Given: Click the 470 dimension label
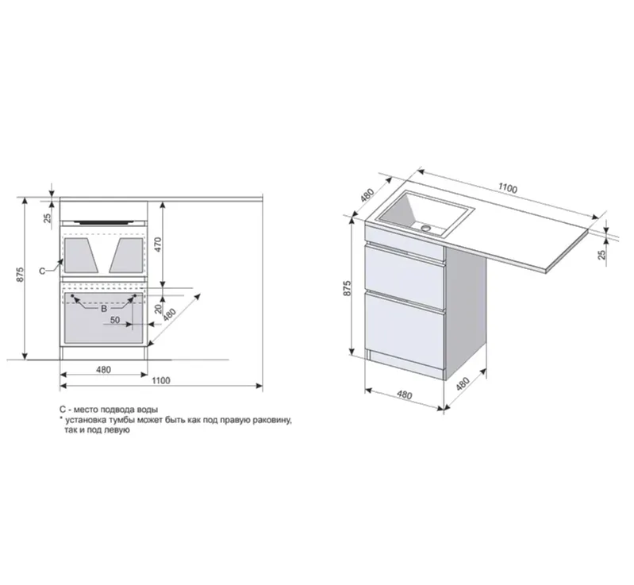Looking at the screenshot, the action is pos(158,244).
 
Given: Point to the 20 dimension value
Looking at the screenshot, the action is pos(159,309).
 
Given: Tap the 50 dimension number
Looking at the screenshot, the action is pos(115,320).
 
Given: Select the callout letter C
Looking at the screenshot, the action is pos(43,271).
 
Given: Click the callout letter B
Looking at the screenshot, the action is pos(104,309).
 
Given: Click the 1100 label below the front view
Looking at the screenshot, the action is pos(161,380).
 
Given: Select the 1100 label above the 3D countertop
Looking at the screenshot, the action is pos(508,188).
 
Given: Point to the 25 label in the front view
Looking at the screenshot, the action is pos(48,218).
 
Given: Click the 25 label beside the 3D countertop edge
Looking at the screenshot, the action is pos(602,254).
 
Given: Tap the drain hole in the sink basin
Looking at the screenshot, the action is pos(427,228).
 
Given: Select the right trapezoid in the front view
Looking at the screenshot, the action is pos(126,255).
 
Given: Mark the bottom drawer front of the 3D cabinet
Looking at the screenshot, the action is pos(405,325).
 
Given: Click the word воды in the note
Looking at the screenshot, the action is pos(146,409).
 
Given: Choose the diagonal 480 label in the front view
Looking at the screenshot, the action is pos(170,314).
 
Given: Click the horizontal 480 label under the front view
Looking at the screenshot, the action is pos(103,369).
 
